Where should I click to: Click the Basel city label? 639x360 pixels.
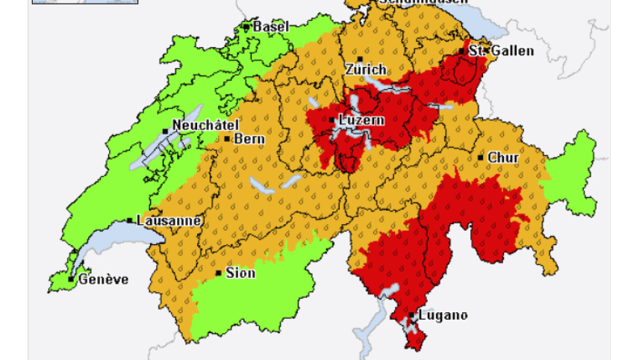270,27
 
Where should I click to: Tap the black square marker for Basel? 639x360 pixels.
246,27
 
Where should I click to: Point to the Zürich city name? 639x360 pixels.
365,69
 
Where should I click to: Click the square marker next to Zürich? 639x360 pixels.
360,59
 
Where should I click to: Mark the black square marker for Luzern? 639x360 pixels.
331,120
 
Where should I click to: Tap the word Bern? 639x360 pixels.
249,139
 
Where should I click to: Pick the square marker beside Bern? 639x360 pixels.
227,139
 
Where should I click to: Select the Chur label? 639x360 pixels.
502,158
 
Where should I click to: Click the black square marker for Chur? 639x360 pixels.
481,158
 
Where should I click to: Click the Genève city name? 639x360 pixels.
103,279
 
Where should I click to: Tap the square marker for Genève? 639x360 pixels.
71,279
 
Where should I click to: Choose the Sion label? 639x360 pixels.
240,273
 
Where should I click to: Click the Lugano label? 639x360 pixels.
443,315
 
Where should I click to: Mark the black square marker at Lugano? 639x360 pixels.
412,315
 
